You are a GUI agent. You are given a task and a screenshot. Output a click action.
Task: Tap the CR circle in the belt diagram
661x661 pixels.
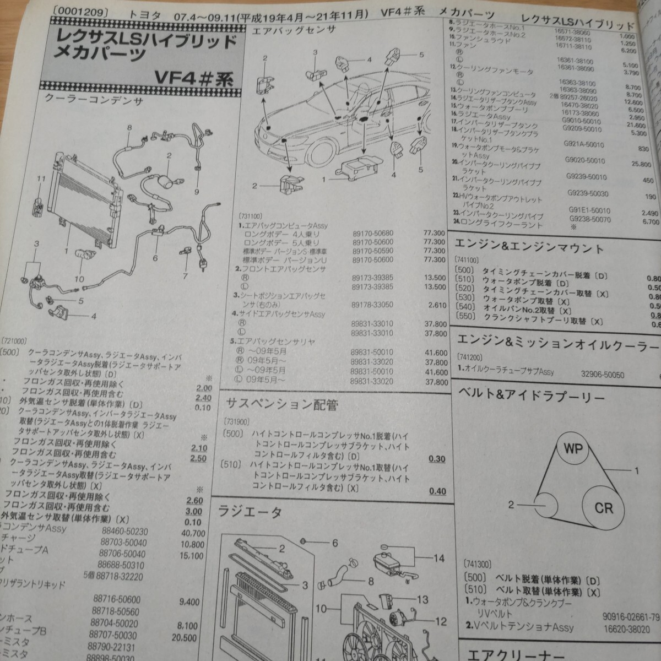604,507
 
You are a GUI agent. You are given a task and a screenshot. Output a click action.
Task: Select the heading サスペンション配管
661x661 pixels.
282,405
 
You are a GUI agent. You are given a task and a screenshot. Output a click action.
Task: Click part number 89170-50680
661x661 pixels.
373,233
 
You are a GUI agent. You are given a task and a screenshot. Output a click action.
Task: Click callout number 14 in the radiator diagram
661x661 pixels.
438,558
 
